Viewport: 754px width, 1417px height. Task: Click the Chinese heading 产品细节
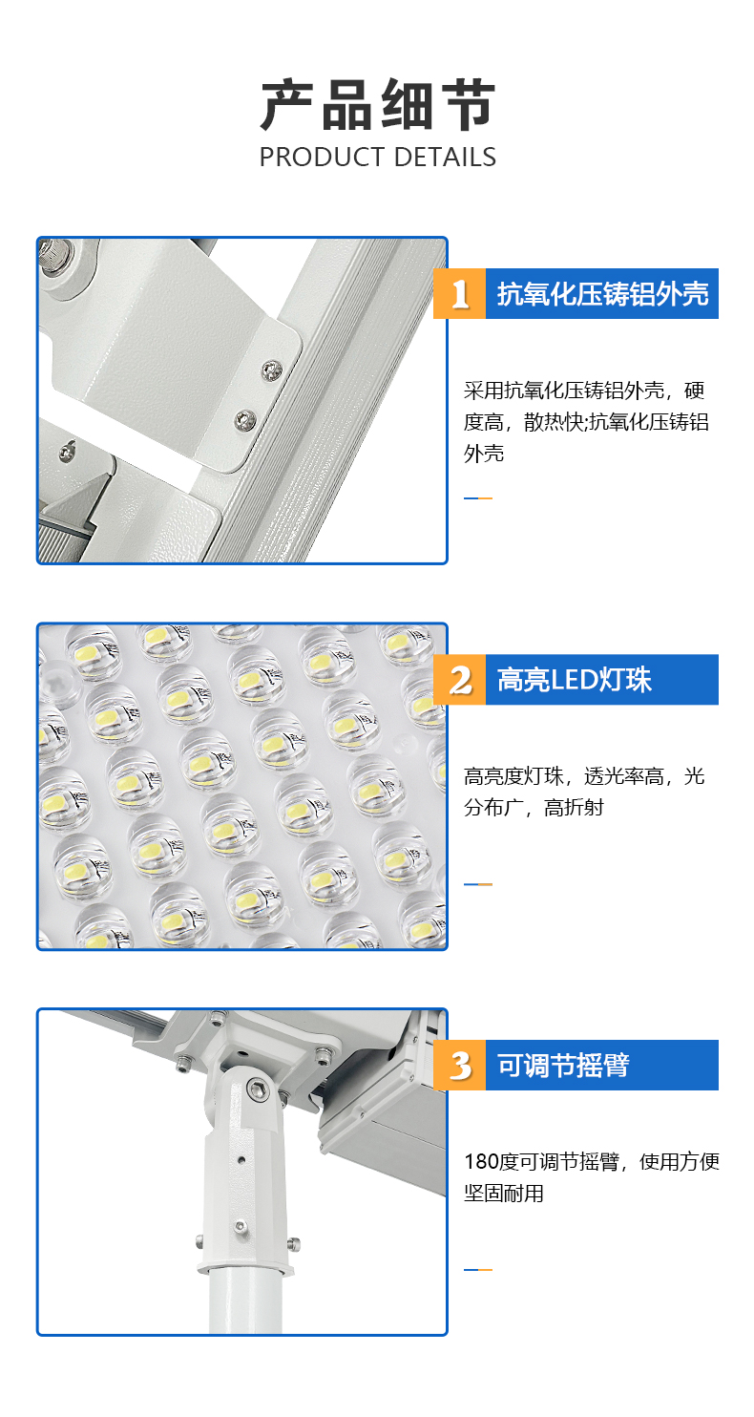pyautogui.click(x=378, y=105)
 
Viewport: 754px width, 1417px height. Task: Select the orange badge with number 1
pyautogui.click(x=459, y=293)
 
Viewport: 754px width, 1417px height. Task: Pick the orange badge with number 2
pyautogui.click(x=459, y=680)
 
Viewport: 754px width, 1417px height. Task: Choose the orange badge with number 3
pyautogui.click(x=459, y=1065)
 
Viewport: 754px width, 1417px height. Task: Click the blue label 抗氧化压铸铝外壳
pyautogui.click(x=602, y=293)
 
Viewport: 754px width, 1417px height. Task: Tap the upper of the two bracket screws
pyautogui.click(x=272, y=370)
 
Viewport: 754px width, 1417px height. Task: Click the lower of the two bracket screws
pyautogui.click(x=245, y=418)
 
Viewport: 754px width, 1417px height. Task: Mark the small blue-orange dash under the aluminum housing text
pyautogui.click(x=478, y=498)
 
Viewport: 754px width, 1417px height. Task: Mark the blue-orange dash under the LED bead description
pyautogui.click(x=478, y=884)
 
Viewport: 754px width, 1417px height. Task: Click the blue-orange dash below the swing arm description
pyautogui.click(x=478, y=1270)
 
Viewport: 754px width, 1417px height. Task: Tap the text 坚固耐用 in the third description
pyautogui.click(x=504, y=1193)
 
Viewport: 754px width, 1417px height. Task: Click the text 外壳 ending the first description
pyautogui.click(x=484, y=453)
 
